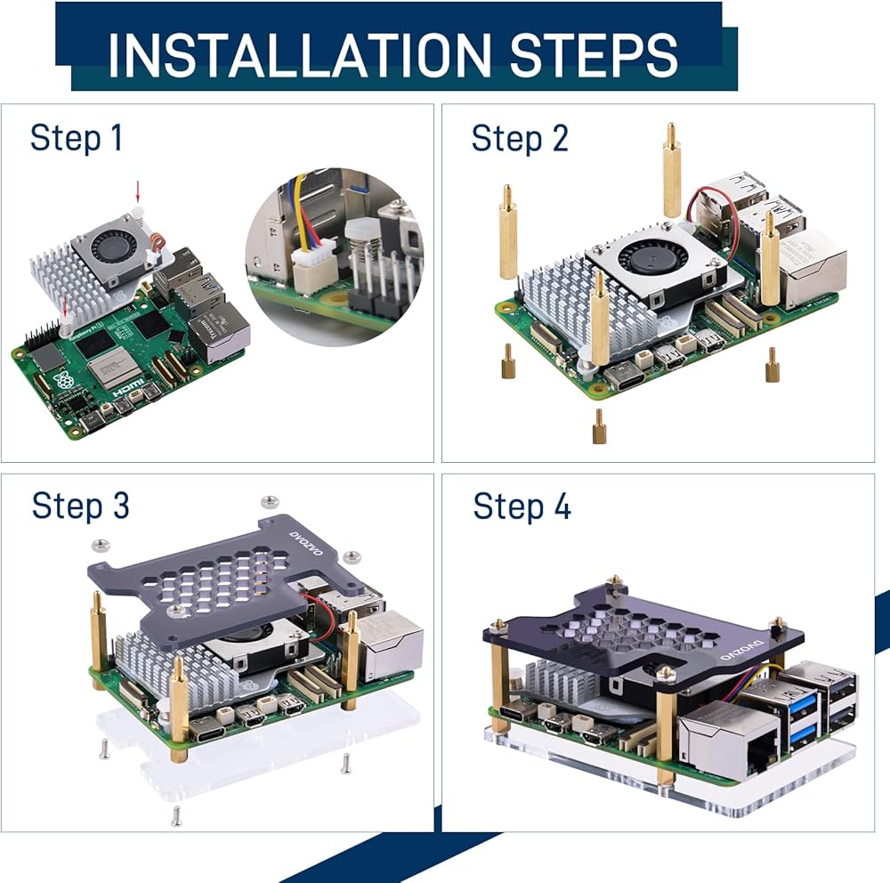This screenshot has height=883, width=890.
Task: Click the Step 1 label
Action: (76, 139)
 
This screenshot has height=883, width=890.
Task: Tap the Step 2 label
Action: (519, 139)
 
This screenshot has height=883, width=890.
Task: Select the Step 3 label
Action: (80, 506)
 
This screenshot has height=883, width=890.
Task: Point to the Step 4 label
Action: (522, 506)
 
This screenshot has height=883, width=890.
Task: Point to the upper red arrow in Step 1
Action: (138, 190)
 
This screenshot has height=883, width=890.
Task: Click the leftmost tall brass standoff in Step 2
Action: (508, 233)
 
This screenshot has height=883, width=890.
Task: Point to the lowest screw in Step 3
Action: (176, 813)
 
